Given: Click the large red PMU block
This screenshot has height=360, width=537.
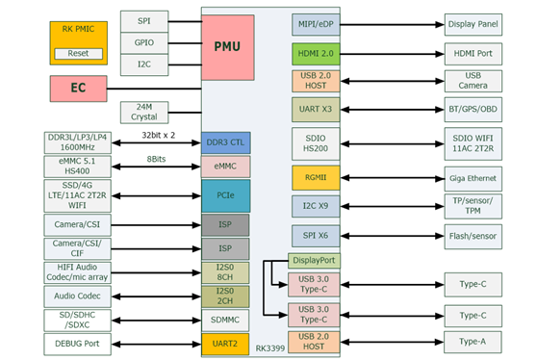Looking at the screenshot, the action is [x=228, y=47].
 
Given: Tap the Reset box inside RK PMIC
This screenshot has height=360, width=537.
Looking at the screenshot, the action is [x=78, y=54].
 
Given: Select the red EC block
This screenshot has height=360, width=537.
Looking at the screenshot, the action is [x=78, y=89].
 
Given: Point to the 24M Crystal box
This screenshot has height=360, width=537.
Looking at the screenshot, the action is [x=144, y=112].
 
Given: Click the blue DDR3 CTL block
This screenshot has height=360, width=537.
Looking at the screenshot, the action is [x=226, y=142].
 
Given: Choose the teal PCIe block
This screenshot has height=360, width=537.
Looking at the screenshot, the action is [x=226, y=195].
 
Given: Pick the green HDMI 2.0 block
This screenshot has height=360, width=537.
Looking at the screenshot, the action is [x=316, y=54].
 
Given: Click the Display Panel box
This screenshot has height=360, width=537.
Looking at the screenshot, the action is [x=473, y=24].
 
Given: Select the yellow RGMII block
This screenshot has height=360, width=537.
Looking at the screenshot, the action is [x=316, y=178].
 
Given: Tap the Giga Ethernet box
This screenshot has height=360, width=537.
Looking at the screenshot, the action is [x=473, y=178].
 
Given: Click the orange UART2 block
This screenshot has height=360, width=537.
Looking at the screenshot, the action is [x=225, y=344].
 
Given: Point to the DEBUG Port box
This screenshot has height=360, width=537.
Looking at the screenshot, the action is [x=77, y=344].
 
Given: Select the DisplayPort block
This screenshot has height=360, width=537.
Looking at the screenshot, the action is [x=314, y=261].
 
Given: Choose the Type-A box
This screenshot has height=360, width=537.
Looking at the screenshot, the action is [x=473, y=342].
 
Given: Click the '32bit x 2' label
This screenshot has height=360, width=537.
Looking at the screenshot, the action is [x=158, y=136].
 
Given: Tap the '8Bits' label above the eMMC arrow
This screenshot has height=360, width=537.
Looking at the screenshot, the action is [x=156, y=159].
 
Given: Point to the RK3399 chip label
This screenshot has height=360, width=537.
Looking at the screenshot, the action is [x=270, y=348].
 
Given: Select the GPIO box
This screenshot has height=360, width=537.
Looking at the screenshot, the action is [x=144, y=43].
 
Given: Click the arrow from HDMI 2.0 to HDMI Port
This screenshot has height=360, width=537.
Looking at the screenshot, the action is [x=392, y=54].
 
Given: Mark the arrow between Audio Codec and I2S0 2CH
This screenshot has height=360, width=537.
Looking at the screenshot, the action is [x=156, y=296].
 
